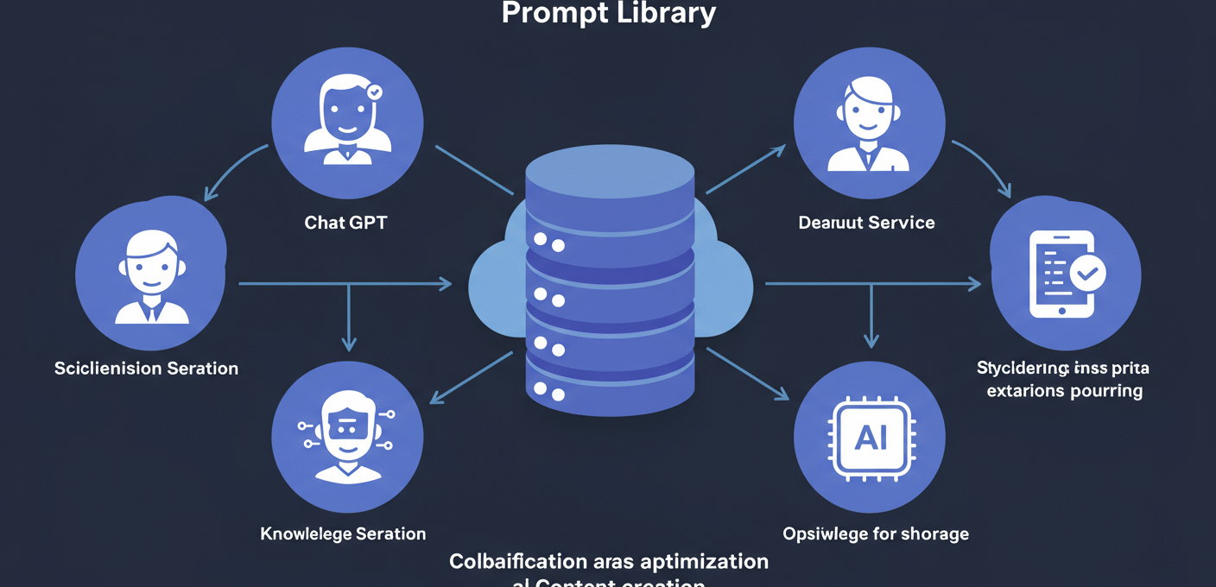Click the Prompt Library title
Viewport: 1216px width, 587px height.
[608, 13]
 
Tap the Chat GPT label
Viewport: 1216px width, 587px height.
[346, 223]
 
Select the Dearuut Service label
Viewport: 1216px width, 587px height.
[866, 223]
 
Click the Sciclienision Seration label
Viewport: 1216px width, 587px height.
[146, 369]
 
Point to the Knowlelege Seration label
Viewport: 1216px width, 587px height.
[343, 533]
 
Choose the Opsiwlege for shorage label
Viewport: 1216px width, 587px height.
[876, 533]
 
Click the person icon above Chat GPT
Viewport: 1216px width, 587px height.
[346, 119]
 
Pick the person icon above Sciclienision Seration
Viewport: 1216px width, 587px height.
[151, 276]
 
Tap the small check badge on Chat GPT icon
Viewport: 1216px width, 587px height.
[374, 91]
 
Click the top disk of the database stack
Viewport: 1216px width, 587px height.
[610, 177]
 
